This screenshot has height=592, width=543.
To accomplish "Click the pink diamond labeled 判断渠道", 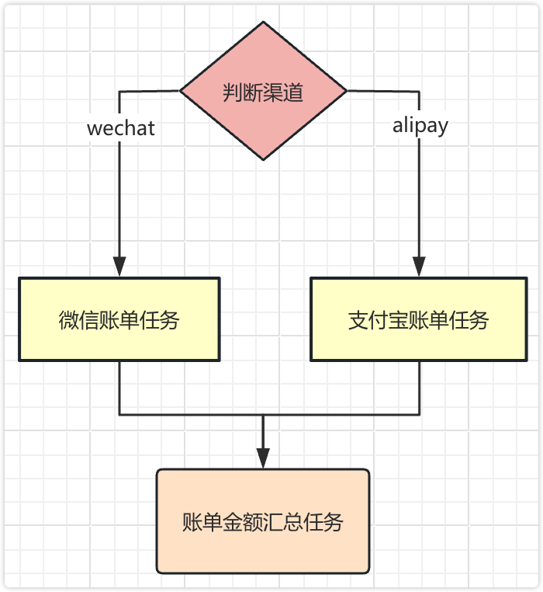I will [x=264, y=91].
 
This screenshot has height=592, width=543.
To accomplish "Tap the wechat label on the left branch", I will [x=121, y=127].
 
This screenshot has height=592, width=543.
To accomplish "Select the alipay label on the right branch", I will [x=420, y=125].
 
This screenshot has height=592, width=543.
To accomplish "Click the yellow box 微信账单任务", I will [x=119, y=319].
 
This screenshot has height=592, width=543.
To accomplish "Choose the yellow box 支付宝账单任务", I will [x=419, y=319].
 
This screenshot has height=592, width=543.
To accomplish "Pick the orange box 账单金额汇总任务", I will [x=263, y=521].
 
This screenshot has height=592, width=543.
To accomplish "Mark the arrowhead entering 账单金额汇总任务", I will [x=263, y=458].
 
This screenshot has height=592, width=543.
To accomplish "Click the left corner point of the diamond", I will [x=181, y=91].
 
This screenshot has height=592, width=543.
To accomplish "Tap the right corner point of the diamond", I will [x=347, y=91].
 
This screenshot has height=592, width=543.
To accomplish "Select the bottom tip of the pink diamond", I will [x=264, y=159].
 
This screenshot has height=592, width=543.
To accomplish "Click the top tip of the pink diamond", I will [x=264, y=22].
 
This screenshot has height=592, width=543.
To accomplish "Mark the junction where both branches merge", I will [x=263, y=414].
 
